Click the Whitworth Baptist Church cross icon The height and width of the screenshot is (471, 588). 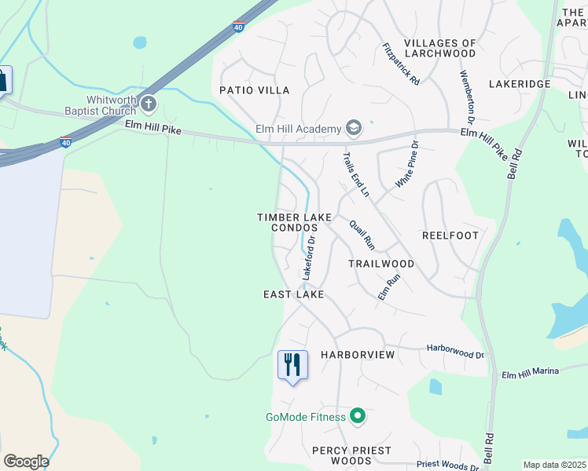[x=148, y=103]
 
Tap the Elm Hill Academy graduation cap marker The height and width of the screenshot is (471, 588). [x=354, y=129]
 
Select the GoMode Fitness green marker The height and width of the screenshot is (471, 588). [x=358, y=416]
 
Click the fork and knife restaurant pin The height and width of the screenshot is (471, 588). [x=292, y=365]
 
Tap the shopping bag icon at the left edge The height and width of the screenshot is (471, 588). [x=2, y=80]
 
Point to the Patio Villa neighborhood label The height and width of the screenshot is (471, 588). [x=254, y=90]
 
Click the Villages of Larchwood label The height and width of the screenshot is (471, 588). [x=439, y=48]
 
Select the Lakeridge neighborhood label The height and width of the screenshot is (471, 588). [x=520, y=82]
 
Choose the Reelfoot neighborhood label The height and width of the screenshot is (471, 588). [x=450, y=235]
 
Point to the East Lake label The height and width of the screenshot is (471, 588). [x=293, y=294]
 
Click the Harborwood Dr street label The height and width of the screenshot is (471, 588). [x=455, y=350]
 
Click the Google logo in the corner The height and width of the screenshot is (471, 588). [x=26, y=462]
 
